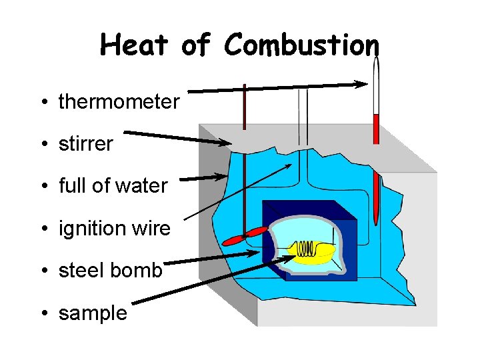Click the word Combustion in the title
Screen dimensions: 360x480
tap(301, 45)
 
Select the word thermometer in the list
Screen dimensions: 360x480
tap(119, 102)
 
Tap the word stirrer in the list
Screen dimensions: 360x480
tap(85, 144)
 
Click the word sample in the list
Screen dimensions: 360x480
tap(93, 313)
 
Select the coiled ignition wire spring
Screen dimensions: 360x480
tap(306, 249)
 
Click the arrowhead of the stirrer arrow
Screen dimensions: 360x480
tap(226, 142)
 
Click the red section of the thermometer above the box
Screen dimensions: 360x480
tap(376, 129)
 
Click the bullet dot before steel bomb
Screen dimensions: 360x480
tap(42, 271)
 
